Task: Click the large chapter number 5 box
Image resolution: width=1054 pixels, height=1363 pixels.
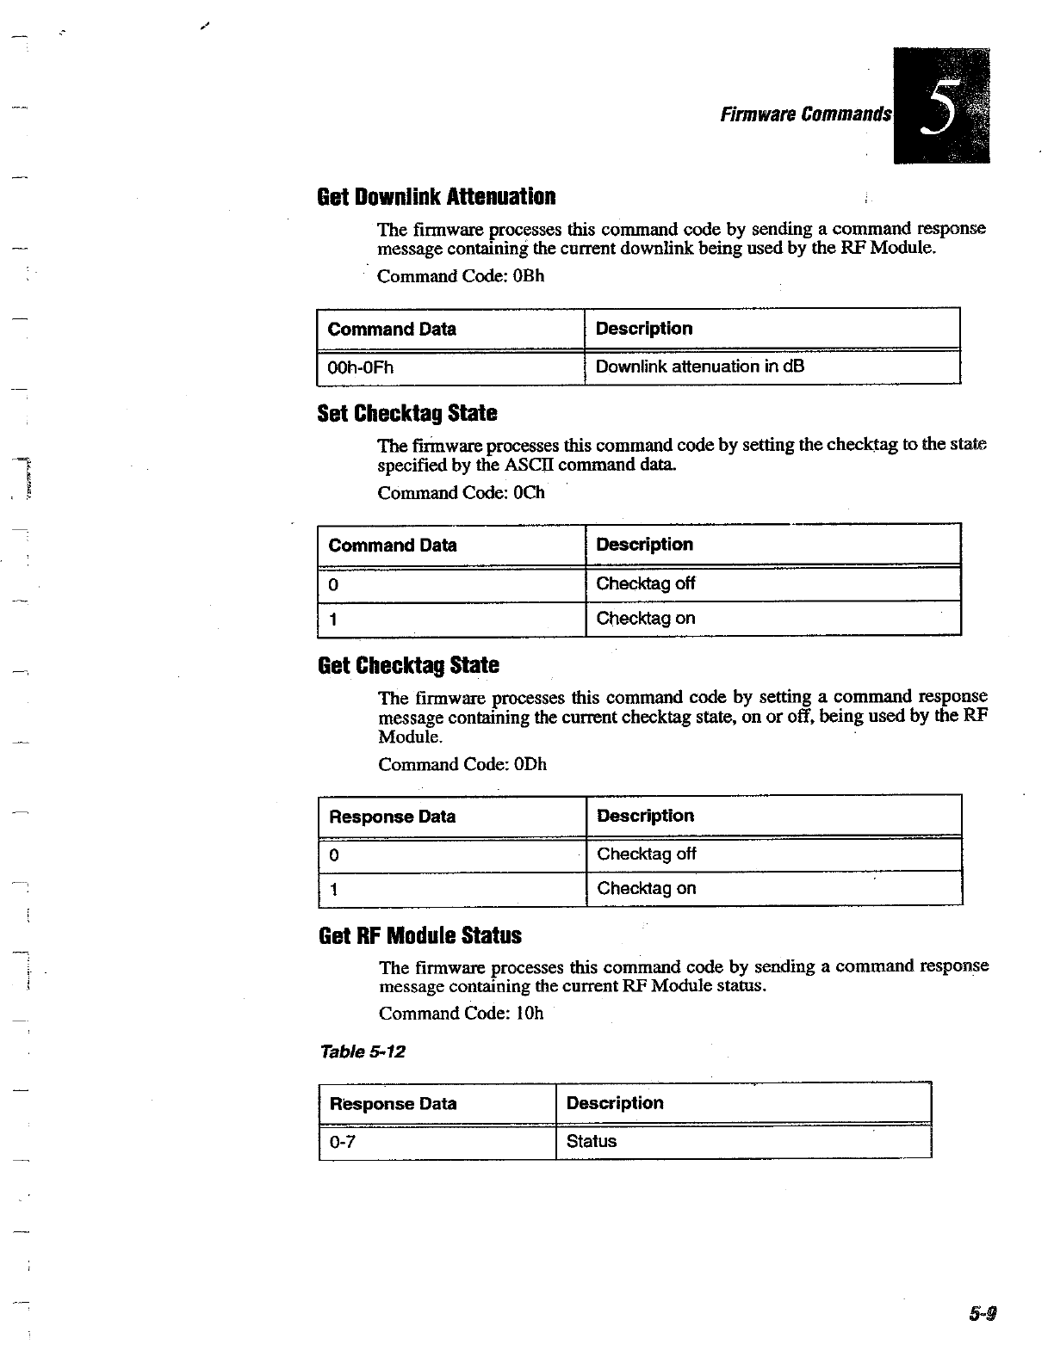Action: click(941, 106)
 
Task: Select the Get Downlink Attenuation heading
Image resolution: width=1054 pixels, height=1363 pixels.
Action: click(437, 197)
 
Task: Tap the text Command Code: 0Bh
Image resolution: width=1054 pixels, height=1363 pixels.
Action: click(461, 276)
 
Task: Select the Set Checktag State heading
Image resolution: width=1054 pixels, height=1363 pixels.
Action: click(407, 414)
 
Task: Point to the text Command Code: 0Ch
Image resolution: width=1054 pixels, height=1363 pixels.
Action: click(461, 493)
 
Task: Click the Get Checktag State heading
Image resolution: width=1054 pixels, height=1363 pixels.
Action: click(408, 665)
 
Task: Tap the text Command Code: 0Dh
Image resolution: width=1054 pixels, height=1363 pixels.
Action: click(462, 765)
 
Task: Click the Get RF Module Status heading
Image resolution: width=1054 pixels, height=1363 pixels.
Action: click(420, 935)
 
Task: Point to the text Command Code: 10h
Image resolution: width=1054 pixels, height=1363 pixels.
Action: click(461, 1013)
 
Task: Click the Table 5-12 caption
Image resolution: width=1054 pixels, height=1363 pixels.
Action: click(363, 1052)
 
